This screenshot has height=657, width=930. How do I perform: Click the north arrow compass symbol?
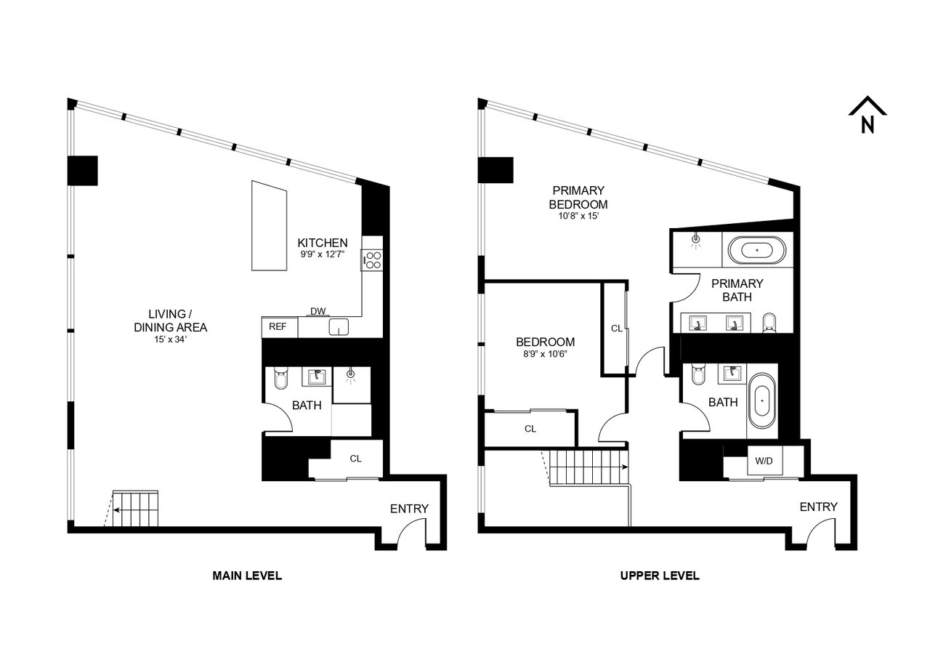point(868,115)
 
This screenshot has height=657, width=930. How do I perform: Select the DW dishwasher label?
point(318,311)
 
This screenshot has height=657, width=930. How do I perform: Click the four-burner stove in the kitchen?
point(372,260)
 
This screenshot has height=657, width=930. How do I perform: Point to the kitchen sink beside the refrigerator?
point(339,327)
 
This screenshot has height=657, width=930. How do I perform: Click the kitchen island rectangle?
point(269,225)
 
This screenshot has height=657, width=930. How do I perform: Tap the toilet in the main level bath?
point(280,377)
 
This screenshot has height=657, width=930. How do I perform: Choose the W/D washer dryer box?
point(764,461)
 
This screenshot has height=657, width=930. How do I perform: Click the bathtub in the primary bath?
point(757,251)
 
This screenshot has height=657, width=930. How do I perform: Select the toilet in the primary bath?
point(769,323)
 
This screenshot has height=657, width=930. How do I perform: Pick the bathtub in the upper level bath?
point(762,401)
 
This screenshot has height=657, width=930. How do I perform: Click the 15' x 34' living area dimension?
point(171,339)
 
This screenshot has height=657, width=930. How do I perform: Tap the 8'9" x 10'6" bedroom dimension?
point(545,354)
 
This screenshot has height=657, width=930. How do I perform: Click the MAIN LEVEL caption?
point(247,576)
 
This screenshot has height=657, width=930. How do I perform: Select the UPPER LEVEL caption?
point(660,576)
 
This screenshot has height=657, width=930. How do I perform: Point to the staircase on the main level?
point(135,508)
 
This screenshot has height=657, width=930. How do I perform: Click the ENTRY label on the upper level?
point(818,507)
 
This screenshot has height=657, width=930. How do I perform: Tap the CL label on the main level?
point(355,459)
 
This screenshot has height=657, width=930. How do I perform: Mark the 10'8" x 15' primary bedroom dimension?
point(578,216)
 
